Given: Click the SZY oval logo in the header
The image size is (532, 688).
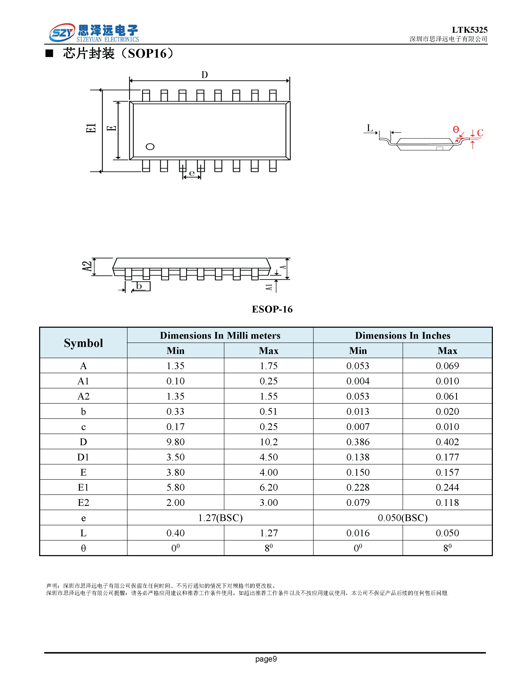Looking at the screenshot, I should (x=62, y=33).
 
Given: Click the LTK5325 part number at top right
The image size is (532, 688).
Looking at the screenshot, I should (x=469, y=30).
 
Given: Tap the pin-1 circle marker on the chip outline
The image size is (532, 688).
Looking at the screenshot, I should (x=150, y=146).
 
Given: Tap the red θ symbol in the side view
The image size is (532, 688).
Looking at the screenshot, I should (x=456, y=130).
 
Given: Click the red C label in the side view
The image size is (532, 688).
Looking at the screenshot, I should (x=480, y=133).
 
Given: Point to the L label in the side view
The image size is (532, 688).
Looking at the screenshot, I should (x=370, y=128).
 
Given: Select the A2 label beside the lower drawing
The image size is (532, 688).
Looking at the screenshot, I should (x=87, y=266).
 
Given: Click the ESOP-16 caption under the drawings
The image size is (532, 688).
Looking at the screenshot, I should (x=272, y=309).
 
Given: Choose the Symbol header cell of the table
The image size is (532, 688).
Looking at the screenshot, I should (x=84, y=343).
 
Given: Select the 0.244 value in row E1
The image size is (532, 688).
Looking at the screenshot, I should (x=447, y=487).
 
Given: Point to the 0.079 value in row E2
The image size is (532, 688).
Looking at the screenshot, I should (x=358, y=502).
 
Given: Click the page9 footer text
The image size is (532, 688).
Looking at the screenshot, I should (x=266, y=659).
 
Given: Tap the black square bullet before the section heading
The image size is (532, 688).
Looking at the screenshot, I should (x=49, y=53).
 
